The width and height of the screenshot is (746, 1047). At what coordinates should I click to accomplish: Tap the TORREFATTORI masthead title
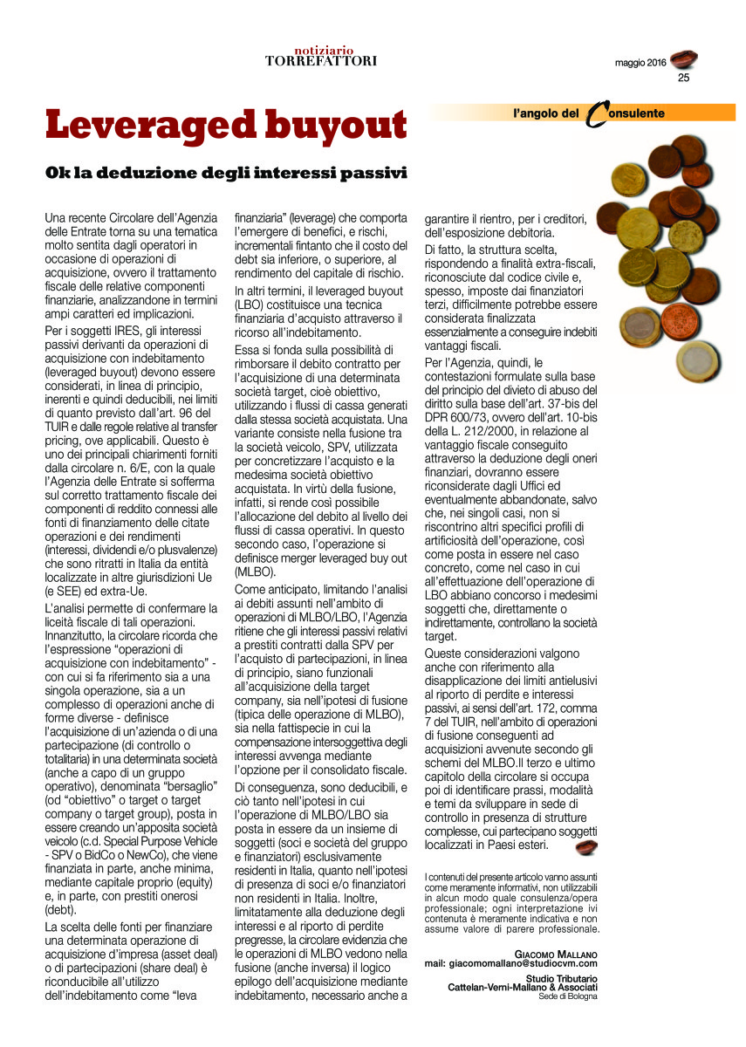[321, 61]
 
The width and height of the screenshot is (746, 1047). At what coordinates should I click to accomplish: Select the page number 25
[683, 77]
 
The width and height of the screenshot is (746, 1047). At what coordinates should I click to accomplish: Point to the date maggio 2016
[640, 64]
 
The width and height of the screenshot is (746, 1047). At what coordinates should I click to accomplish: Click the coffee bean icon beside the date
[683, 59]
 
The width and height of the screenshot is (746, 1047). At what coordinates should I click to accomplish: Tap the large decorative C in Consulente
[594, 114]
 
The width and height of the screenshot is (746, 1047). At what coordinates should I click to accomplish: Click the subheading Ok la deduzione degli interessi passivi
[226, 172]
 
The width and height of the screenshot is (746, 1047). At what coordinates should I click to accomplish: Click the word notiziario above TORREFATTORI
[321, 51]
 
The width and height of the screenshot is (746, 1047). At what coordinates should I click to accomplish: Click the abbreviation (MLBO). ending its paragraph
[256, 572]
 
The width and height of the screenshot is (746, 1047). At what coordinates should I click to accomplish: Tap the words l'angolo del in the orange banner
[546, 113]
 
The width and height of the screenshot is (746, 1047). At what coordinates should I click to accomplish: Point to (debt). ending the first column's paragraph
[60, 909]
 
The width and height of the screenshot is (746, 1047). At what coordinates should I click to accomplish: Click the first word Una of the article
[56, 217]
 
